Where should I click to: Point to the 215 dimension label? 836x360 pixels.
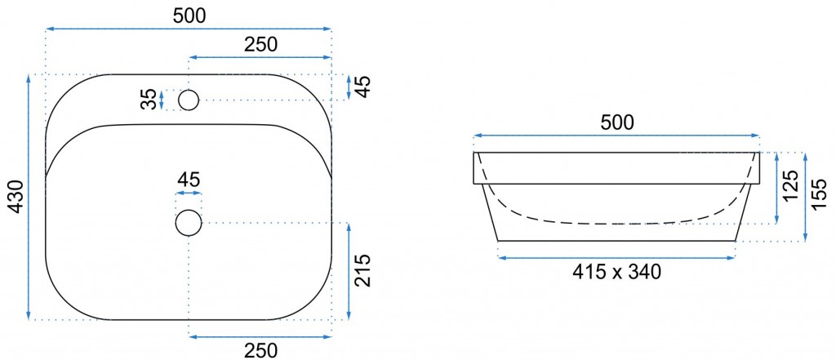point(362,270)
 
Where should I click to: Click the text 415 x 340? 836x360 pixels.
point(617,272)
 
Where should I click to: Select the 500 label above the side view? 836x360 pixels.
point(617,122)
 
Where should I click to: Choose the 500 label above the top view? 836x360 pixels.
point(189,16)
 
